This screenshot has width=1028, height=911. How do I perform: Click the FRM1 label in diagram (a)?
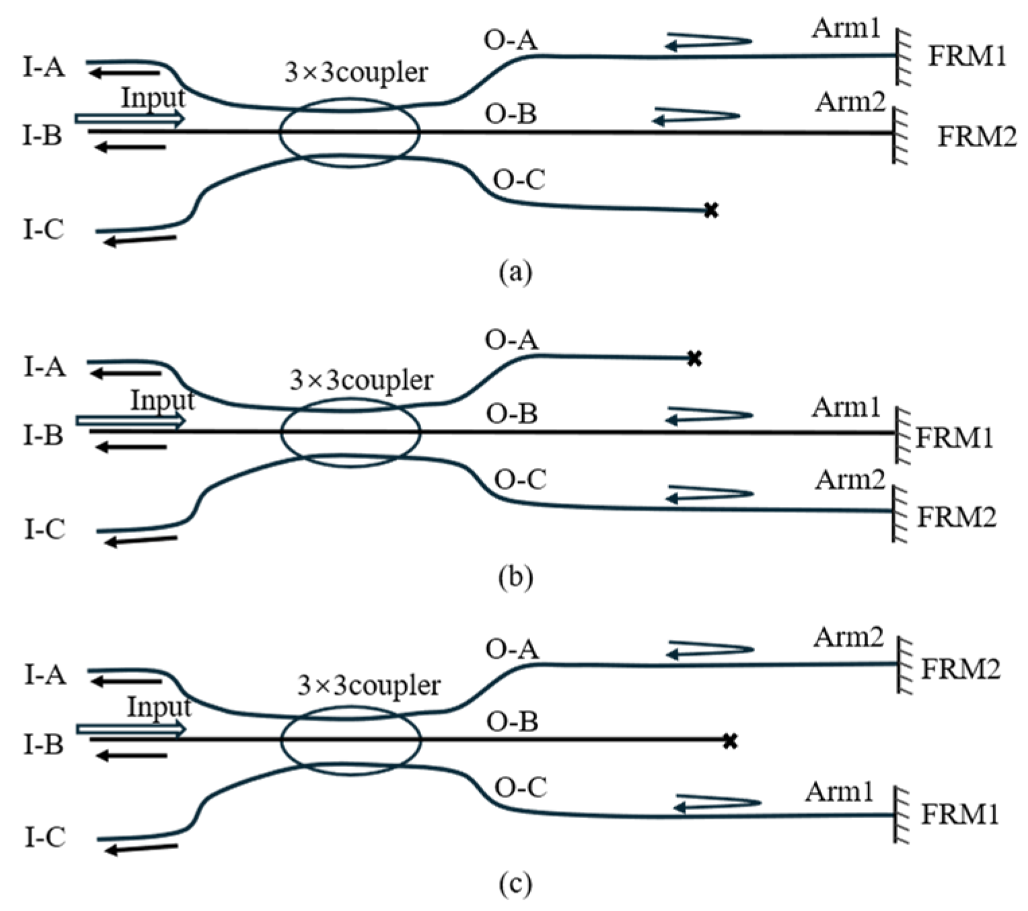(967, 56)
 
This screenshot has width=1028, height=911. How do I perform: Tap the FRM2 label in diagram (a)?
(976, 136)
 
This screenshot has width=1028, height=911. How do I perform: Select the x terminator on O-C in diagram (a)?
(710, 211)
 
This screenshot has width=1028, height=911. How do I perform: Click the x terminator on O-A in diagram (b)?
(694, 358)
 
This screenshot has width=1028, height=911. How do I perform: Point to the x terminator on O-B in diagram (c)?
(730, 742)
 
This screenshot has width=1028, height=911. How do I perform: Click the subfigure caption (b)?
(515, 578)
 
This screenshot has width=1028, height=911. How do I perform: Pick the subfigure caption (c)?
(515, 884)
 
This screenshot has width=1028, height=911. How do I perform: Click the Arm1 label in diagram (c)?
(838, 792)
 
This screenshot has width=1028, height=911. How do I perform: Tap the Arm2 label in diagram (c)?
(848, 637)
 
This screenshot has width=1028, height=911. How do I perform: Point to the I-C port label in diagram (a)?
(44, 230)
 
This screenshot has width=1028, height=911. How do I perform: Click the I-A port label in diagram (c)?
(45, 674)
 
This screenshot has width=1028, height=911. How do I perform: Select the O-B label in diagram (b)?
(511, 413)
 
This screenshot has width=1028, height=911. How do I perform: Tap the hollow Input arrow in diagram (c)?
(131, 729)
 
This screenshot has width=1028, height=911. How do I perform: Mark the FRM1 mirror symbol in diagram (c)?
(901, 815)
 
